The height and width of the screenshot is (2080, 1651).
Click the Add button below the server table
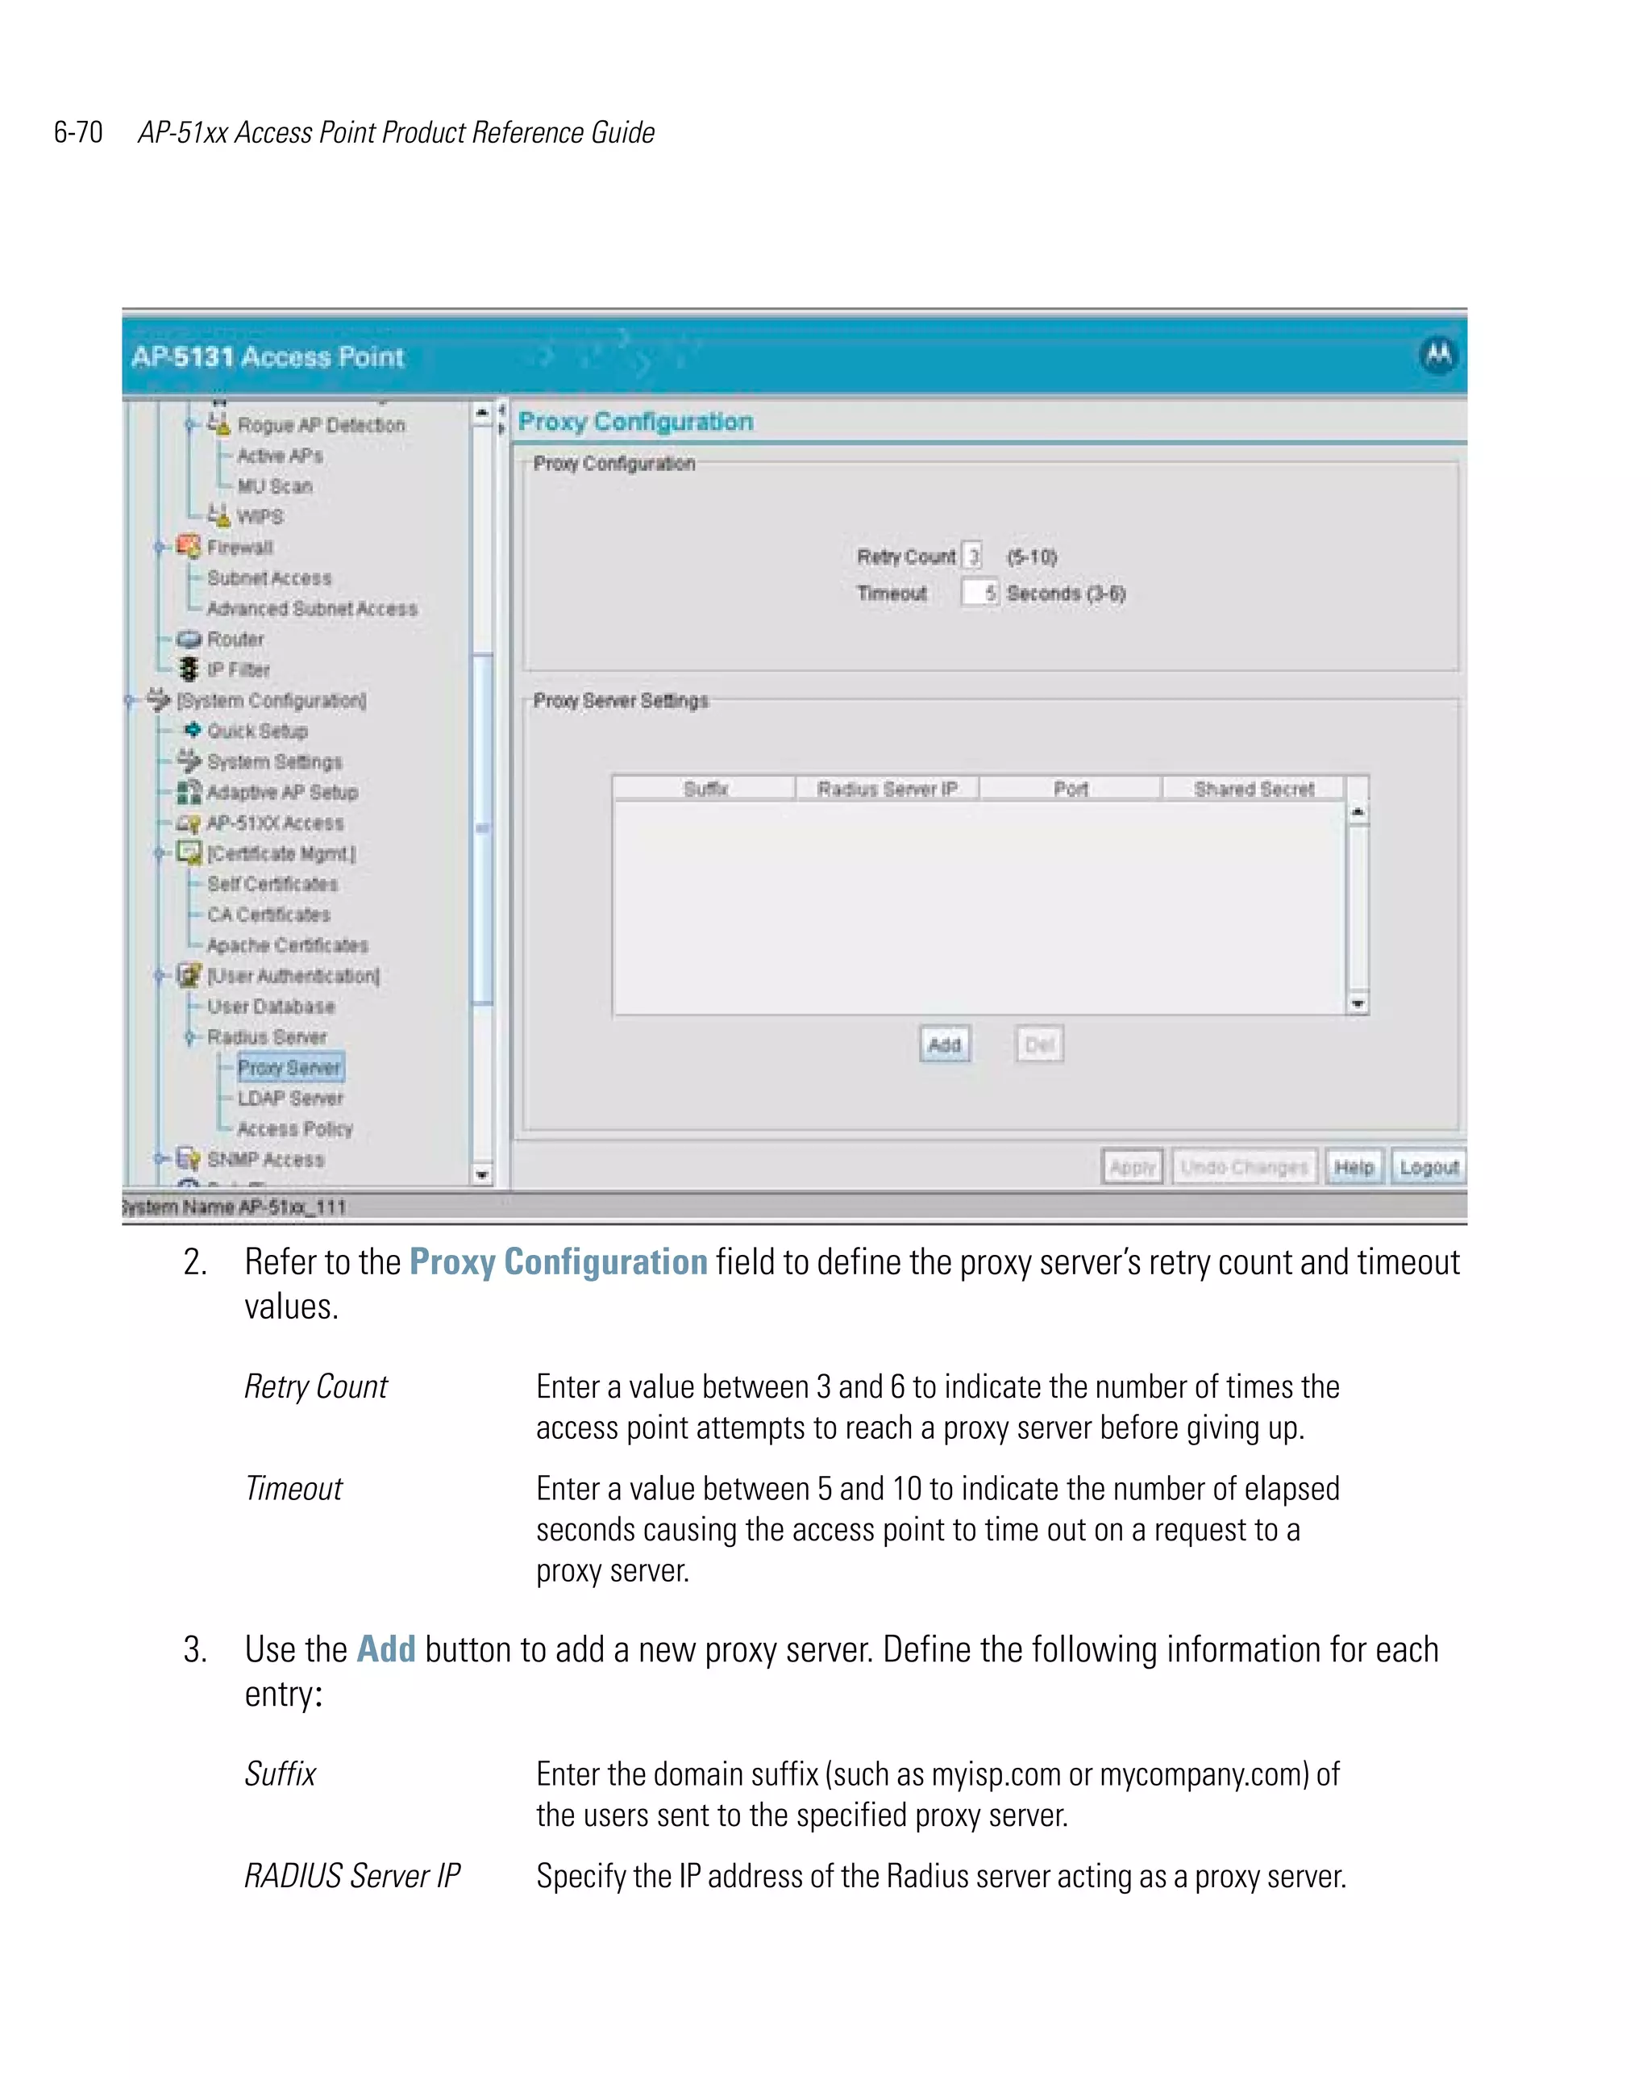click(x=943, y=1044)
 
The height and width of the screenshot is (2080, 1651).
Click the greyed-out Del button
click(x=1038, y=1044)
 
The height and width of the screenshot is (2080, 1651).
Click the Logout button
click(x=1427, y=1166)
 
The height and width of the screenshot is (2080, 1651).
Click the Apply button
click(x=1131, y=1166)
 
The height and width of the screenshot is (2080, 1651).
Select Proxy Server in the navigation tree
click(x=289, y=1067)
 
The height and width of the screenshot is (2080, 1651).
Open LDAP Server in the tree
click(x=290, y=1098)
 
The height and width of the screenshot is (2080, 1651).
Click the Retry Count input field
click(x=972, y=556)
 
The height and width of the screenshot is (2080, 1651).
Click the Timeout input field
click(x=979, y=592)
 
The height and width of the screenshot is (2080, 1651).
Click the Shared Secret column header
click(x=1253, y=789)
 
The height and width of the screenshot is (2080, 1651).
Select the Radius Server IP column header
click(x=886, y=789)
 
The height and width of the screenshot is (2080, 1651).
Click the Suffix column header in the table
click(x=705, y=789)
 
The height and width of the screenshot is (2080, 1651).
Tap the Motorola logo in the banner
click(x=1437, y=354)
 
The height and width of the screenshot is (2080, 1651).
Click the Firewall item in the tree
click(x=239, y=547)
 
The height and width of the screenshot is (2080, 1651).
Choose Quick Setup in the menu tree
click(x=256, y=731)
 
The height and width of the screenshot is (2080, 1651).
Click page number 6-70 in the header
click(x=78, y=132)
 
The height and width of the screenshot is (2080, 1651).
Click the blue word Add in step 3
click(x=386, y=1649)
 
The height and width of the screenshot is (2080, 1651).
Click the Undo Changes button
click(x=1243, y=1166)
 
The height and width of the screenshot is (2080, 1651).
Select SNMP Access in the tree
click(x=265, y=1159)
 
